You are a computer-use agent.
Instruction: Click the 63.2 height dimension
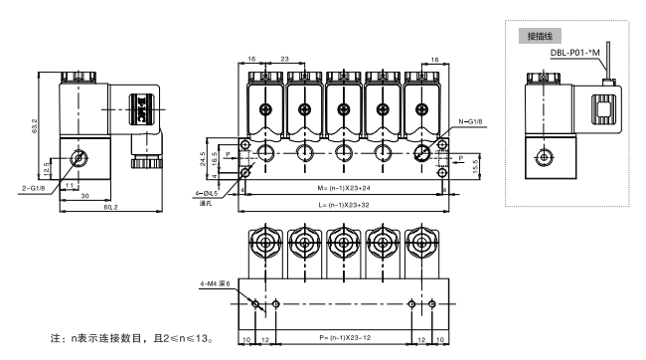(35, 125)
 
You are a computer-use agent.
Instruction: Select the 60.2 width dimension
(111, 207)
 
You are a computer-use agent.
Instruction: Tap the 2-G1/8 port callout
(34, 189)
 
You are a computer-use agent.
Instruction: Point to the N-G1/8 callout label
(470, 122)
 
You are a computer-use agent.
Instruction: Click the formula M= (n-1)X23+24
(344, 188)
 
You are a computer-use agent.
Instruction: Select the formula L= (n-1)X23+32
(344, 205)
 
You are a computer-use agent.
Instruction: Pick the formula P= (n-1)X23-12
(345, 338)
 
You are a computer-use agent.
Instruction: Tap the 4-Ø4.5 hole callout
(207, 193)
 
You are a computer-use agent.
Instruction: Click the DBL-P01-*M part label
(574, 53)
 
